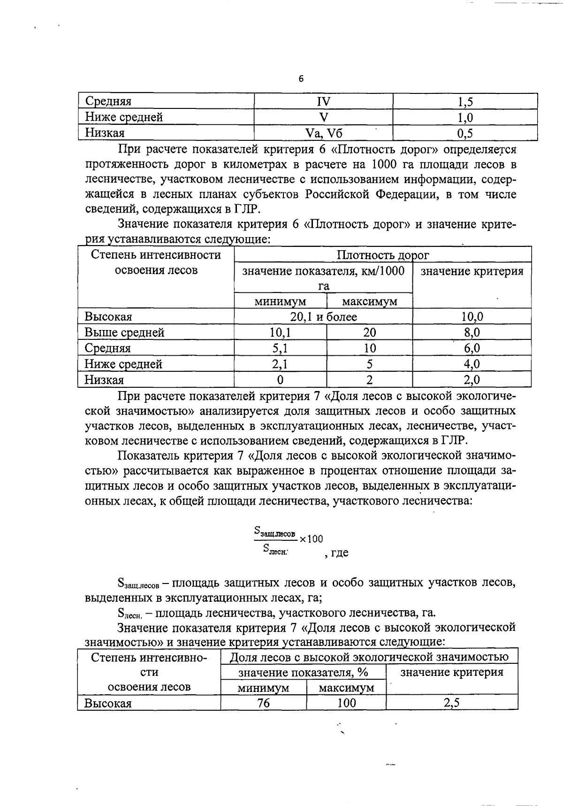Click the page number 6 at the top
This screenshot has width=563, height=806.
301,79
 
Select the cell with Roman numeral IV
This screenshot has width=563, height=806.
323,101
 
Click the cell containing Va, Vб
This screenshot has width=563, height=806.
323,133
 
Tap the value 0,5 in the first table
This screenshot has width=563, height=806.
464,133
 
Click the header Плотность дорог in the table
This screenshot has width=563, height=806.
382,255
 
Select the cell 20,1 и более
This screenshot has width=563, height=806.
323,317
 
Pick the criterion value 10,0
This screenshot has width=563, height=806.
472,317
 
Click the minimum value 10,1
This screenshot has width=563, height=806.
280,332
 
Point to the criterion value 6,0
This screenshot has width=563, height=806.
472,348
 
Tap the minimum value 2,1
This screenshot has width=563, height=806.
280,364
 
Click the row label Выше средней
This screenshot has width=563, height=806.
124,332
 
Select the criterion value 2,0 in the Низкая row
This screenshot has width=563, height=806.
472,380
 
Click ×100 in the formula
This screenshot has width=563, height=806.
312,539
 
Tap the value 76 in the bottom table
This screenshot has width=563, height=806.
263,703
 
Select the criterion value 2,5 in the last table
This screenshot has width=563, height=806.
451,703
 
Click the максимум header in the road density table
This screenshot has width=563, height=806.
369,301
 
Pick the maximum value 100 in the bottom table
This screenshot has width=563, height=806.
346,703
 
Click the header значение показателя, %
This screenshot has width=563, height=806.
303,672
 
